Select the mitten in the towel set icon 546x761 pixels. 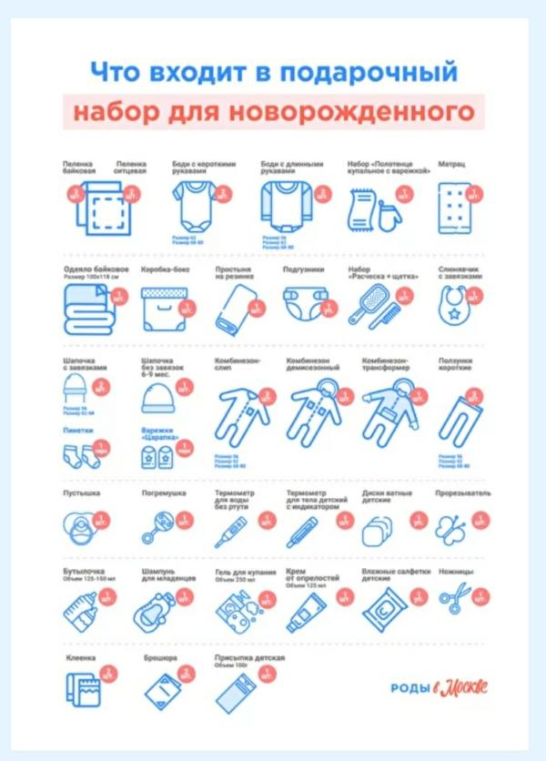tap(386, 215)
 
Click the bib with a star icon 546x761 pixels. tap(453, 308)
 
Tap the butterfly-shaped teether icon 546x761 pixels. tap(454, 528)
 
